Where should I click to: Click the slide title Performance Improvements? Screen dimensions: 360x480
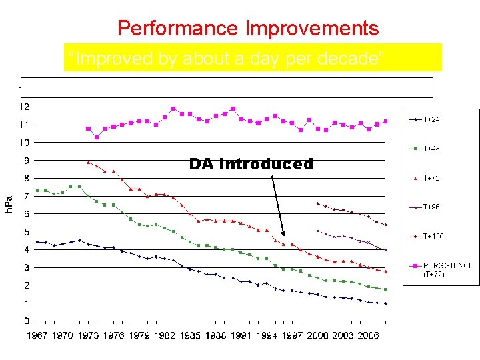tap(248, 29)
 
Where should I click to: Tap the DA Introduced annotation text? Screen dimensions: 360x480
tap(251, 164)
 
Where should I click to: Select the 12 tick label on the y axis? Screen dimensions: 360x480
tap(23, 107)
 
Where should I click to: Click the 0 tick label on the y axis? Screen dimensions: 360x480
tap(26, 321)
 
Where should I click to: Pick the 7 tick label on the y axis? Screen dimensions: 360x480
tap(26, 196)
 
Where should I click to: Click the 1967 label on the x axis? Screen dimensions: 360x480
tap(37, 335)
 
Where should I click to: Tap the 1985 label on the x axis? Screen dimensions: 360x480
tap(190, 335)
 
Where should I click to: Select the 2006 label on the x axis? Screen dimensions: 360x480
tap(368, 335)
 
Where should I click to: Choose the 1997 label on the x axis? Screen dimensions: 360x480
tap(292, 335)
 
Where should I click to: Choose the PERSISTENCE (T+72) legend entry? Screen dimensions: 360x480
tap(440, 269)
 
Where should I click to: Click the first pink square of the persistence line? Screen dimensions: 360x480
tap(88, 129)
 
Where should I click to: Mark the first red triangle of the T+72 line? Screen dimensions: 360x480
tap(88, 162)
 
